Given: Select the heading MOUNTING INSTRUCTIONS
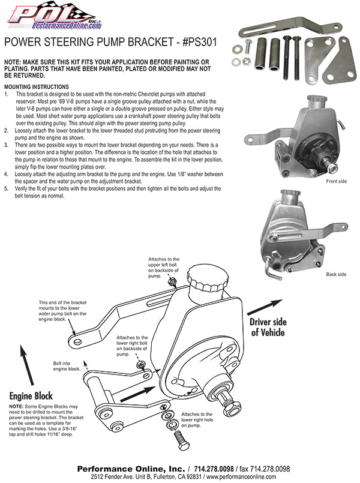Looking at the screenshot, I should click(36, 87).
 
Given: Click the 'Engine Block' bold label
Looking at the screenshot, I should click(31, 396).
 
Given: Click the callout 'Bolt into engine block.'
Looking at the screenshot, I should click(66, 366).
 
